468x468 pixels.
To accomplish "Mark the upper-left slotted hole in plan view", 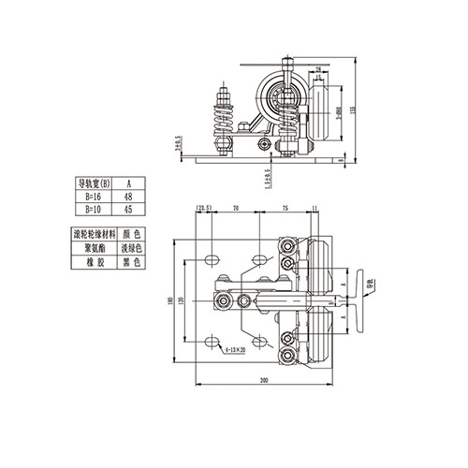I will click(x=213, y=257).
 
